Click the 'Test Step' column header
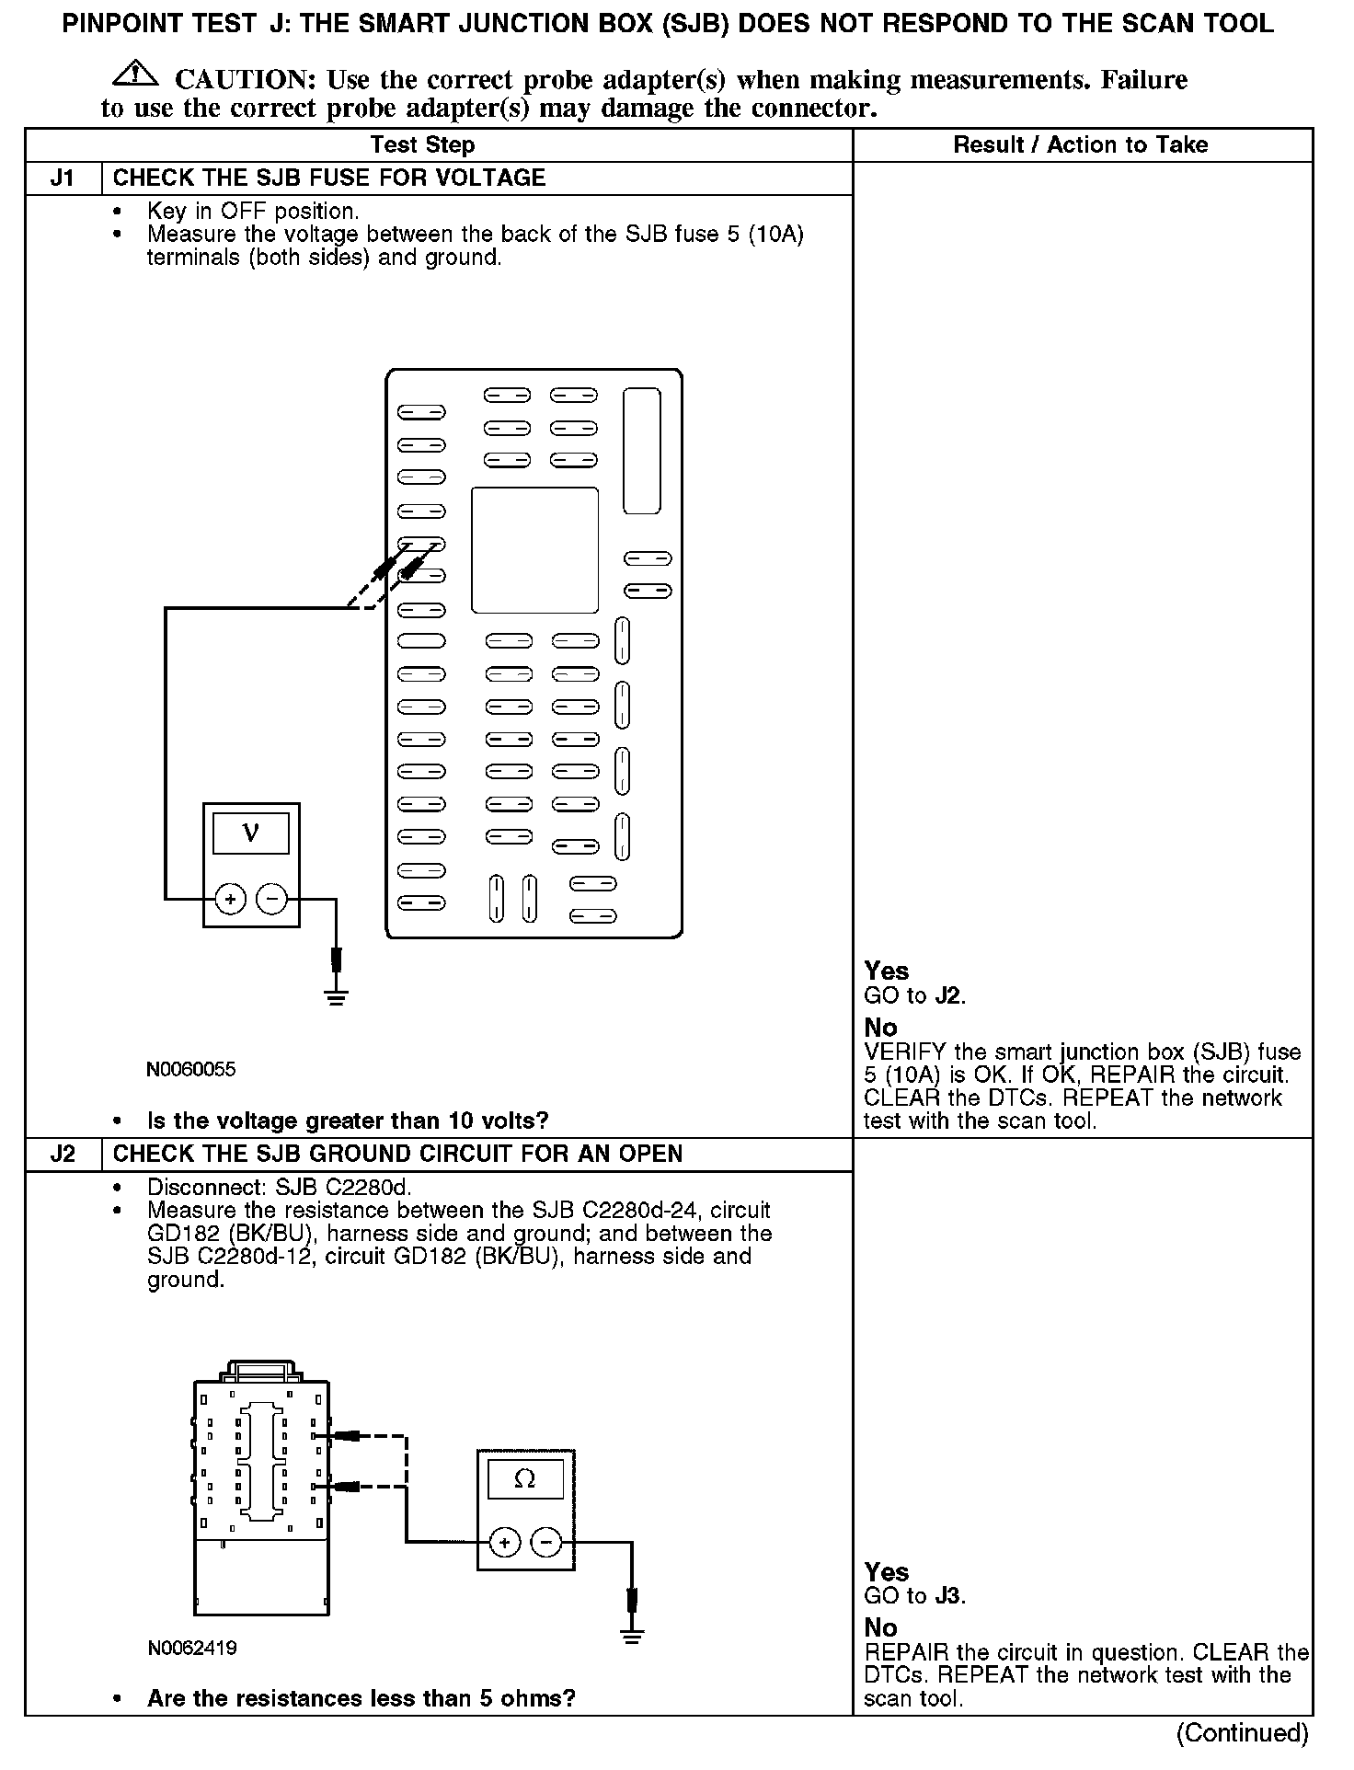pos(422,145)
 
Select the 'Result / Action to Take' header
pos(1080,145)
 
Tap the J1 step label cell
pos(63,178)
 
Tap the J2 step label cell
pos(63,1155)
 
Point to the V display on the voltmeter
pos(250,833)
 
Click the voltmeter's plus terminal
pos(230,899)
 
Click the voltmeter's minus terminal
pos(271,899)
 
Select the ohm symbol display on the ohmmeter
pos(524,1479)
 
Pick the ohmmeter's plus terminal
pos(504,1543)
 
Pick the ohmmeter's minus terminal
pos(546,1543)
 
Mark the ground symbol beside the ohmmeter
pos(631,1635)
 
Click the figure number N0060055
pos(191,1070)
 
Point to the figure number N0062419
pos(192,1673)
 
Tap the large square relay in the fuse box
pos(534,550)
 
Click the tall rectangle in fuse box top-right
pos(641,451)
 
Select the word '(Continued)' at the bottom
pos(1242,1733)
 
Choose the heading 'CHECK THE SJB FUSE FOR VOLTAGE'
pos(328,178)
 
